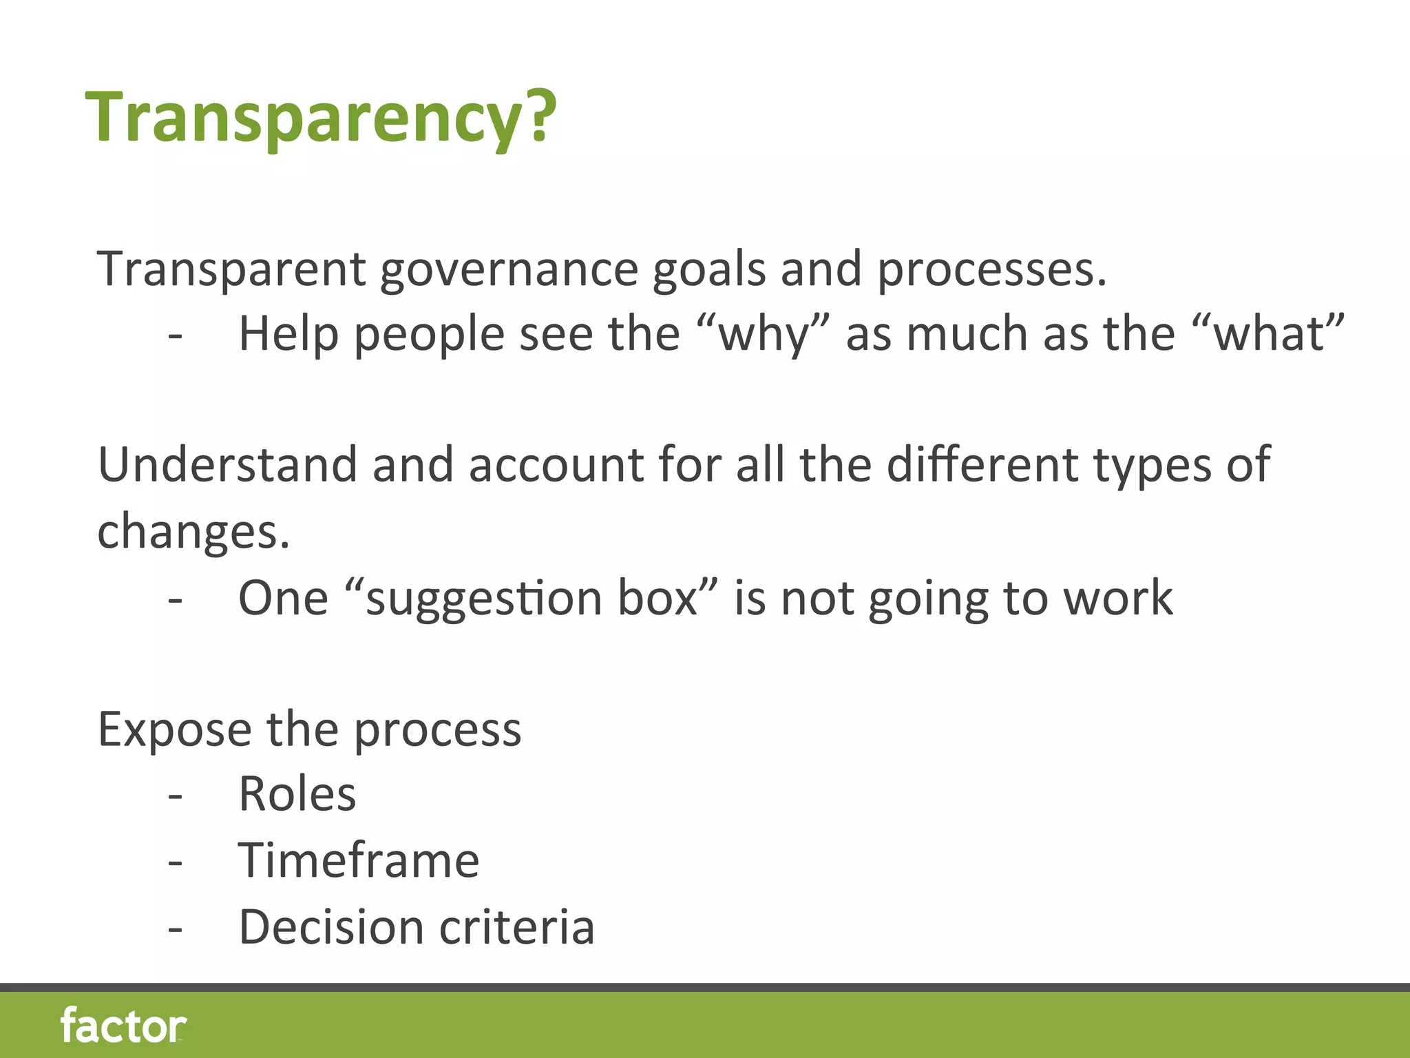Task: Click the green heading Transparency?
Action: (320, 117)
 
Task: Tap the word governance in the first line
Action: (509, 270)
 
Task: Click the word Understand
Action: (227, 465)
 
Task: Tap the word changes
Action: (193, 532)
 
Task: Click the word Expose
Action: (175, 730)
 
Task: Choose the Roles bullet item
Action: (297, 795)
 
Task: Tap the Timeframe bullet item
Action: (359, 861)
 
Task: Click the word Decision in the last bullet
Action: (331, 927)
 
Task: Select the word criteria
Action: (517, 927)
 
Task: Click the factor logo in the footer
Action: (124, 1026)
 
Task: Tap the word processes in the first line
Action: (991, 270)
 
